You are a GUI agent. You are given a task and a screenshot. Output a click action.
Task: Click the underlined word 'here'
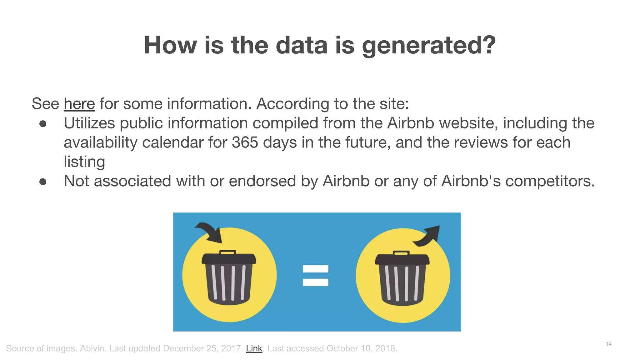pos(79,104)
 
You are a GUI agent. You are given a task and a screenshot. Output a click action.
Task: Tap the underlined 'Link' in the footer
pos(254,348)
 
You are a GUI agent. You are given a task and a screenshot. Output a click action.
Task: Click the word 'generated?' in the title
pos(429,45)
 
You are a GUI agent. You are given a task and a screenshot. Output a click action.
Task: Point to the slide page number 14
pos(608,344)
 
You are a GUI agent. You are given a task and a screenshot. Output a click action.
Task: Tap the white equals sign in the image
pos(315,275)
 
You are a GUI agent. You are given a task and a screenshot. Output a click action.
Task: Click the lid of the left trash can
pos(229,258)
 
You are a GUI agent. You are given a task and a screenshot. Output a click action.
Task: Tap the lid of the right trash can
pos(402,258)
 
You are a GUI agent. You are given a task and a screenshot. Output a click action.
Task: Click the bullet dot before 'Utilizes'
pos(43,124)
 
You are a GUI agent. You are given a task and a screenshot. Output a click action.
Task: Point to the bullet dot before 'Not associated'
pos(43,182)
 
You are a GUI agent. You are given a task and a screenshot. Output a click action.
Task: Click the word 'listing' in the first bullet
pos(84,162)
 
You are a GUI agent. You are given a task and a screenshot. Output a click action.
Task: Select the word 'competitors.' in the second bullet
pos(550,181)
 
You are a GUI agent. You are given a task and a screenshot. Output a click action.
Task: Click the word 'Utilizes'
pos(89,123)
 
